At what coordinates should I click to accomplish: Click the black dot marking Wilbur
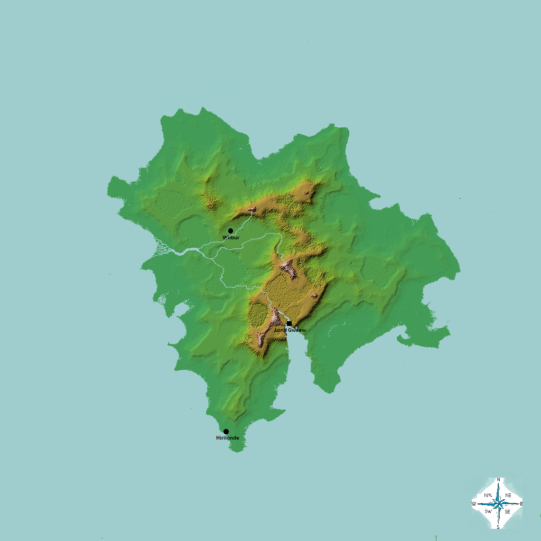click(230, 231)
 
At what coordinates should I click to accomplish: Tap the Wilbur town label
click(231, 238)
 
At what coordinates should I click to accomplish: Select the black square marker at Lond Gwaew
click(289, 323)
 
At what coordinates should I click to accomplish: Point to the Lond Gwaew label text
click(290, 330)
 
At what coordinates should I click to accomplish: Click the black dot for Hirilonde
click(226, 432)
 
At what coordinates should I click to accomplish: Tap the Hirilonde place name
click(228, 438)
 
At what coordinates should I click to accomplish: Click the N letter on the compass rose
click(498, 480)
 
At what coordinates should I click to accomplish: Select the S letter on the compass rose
click(498, 527)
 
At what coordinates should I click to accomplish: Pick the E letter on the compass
click(521, 504)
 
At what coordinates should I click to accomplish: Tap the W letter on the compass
click(474, 504)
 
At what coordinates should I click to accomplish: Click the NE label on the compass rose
click(508, 495)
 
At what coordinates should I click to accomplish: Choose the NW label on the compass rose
click(488, 495)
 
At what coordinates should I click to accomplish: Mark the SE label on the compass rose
click(507, 511)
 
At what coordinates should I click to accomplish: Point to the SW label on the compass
click(488, 511)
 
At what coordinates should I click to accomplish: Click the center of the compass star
click(498, 503)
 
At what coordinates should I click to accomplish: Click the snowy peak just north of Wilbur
click(253, 210)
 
